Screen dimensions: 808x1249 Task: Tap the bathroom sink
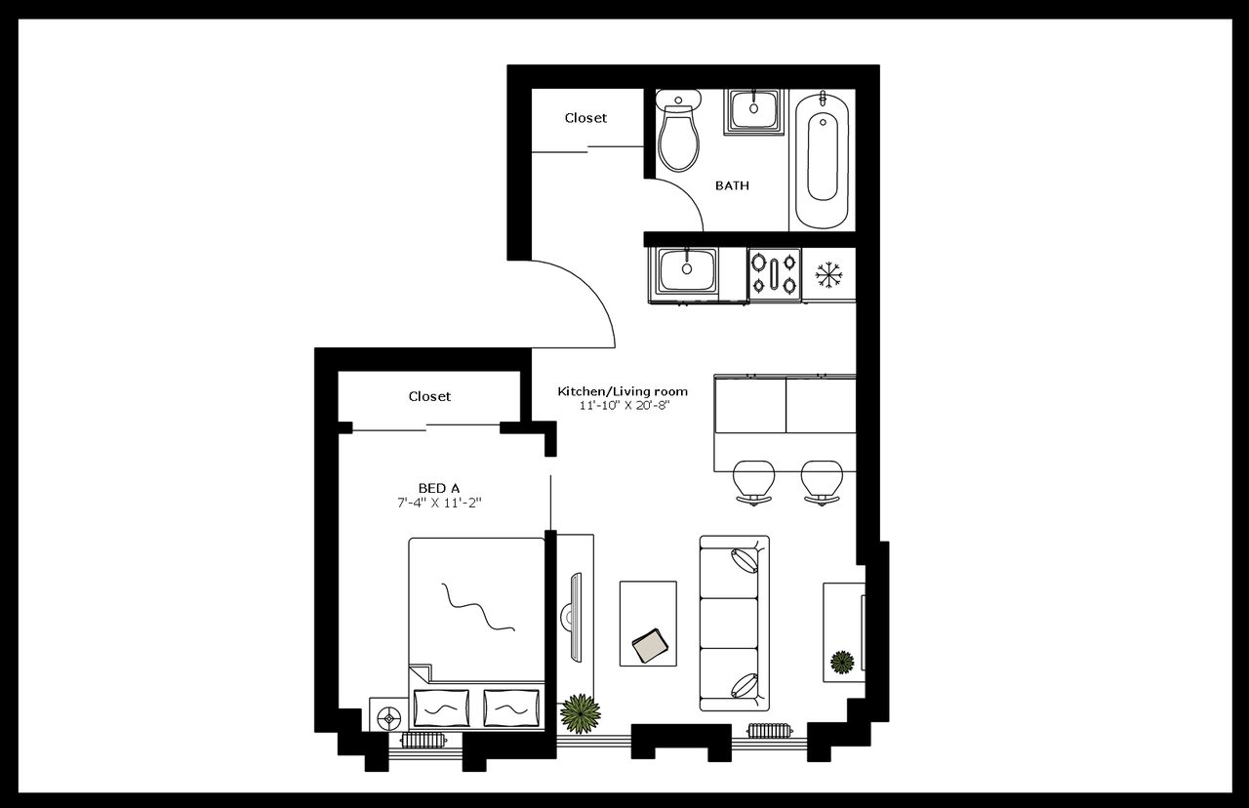point(754,110)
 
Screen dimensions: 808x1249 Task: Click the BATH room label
point(732,185)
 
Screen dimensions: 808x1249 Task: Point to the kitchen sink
point(687,270)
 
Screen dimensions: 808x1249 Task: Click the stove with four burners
point(774,273)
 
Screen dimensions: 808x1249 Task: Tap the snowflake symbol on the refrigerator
point(828,274)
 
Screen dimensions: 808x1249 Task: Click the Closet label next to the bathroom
point(585,118)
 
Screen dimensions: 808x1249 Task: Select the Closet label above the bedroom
point(429,397)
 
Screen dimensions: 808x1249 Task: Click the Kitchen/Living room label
point(623,391)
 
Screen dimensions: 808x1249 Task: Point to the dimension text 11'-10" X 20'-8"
point(623,405)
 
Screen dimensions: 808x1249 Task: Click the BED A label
point(439,488)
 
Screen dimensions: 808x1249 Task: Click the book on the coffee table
point(650,644)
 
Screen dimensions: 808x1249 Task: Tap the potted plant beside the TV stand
point(581,713)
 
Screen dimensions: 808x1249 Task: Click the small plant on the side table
point(842,663)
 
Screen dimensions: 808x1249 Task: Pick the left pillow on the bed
point(441,707)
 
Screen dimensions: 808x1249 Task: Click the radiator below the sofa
point(770,730)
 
